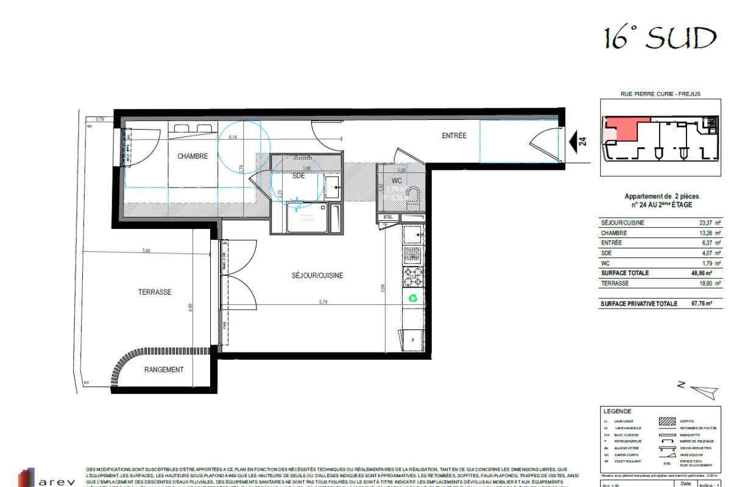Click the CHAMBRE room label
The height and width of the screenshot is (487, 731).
click(192, 156)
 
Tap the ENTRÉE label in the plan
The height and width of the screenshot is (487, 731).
click(454, 136)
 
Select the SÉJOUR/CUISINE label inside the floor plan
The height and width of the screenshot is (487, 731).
click(317, 276)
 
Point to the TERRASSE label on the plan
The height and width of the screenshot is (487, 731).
click(155, 292)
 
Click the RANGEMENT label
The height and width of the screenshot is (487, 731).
click(164, 370)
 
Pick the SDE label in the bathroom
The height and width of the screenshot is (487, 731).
click(298, 176)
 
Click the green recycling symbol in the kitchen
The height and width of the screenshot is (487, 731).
click(414, 298)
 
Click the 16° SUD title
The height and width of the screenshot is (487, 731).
click(660, 39)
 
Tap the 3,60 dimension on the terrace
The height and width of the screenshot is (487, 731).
click(146, 250)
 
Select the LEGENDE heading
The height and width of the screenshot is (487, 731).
click(616, 412)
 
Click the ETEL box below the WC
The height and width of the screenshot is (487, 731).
click(388, 217)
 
